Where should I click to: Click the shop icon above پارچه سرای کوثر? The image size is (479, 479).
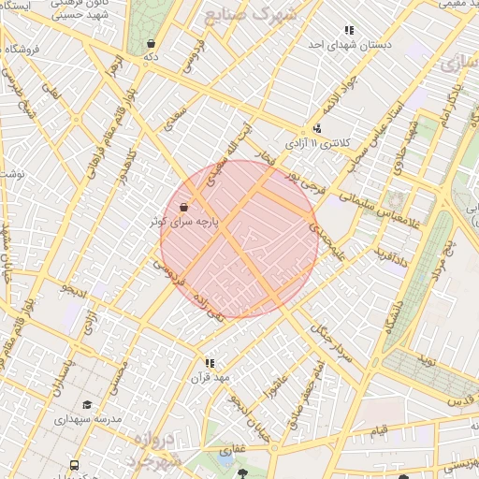pyautogui.click(x=184, y=207)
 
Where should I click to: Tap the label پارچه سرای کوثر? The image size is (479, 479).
pyautogui.click(x=184, y=222)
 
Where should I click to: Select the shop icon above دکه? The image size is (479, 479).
pyautogui.click(x=151, y=43)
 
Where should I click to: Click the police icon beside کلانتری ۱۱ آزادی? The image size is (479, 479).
pyautogui.click(x=317, y=129)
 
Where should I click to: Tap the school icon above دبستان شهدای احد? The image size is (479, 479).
pyautogui.click(x=349, y=30)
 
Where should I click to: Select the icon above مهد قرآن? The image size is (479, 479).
pyautogui.click(x=210, y=362)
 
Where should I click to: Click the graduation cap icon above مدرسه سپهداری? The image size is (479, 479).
pyautogui.click(x=87, y=405)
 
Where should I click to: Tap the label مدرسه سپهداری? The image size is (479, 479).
pyautogui.click(x=90, y=420)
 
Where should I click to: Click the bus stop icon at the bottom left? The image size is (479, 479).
pyautogui.click(x=74, y=465)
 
